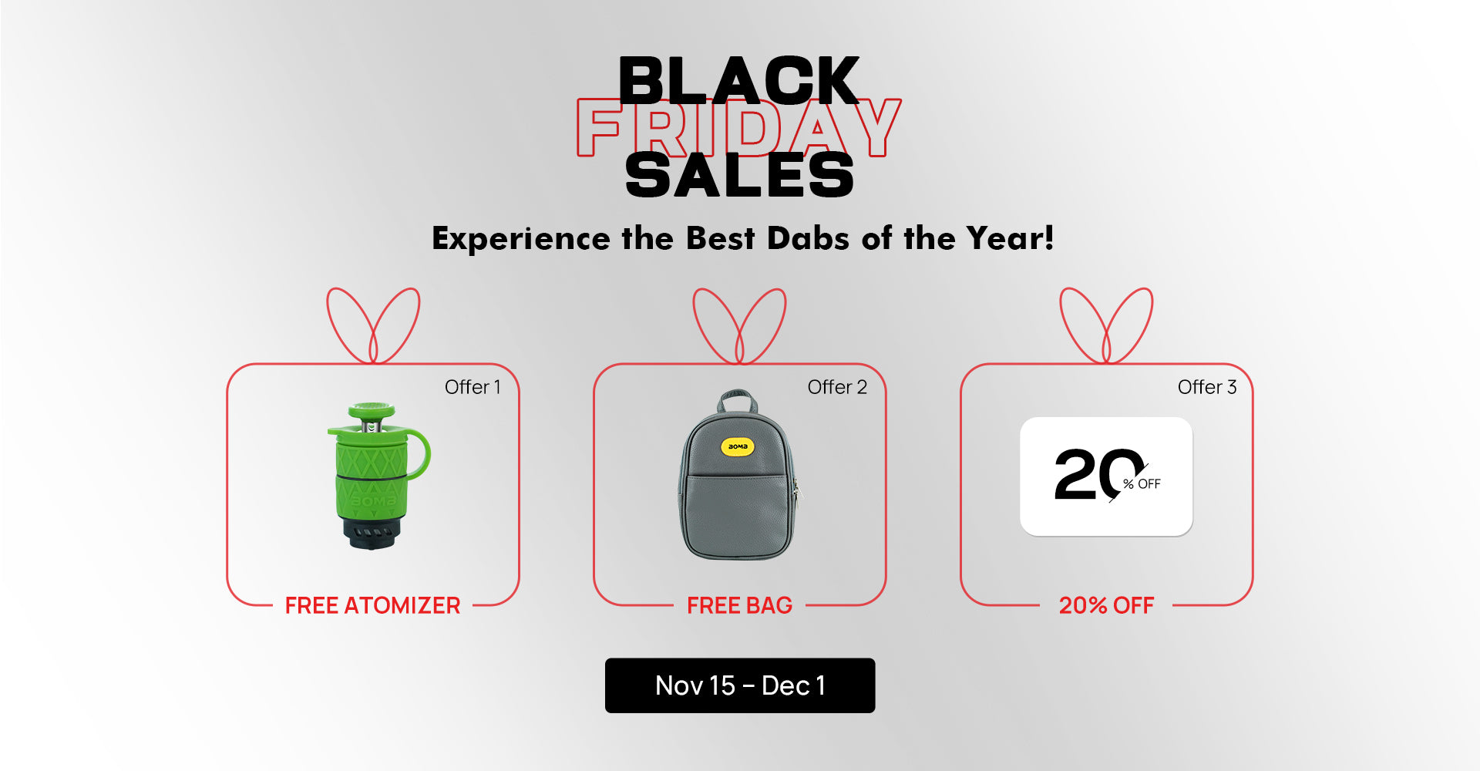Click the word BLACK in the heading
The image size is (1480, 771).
pos(738,80)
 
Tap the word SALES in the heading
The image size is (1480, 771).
pos(739,175)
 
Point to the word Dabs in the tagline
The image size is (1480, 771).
pos(809,238)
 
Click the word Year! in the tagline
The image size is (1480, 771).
pos(1010,238)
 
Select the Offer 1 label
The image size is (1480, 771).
pos(473,387)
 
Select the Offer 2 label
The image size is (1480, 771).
pos(837,387)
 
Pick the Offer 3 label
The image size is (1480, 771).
pos(1207,387)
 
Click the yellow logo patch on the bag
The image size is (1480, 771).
pos(738,446)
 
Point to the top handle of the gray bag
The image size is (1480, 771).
pos(737,400)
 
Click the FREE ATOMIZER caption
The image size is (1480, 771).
pos(372,605)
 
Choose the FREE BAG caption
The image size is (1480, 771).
pos(739,605)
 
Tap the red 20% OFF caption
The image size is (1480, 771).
pos(1106,605)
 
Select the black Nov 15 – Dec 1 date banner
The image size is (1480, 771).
pos(740,685)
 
